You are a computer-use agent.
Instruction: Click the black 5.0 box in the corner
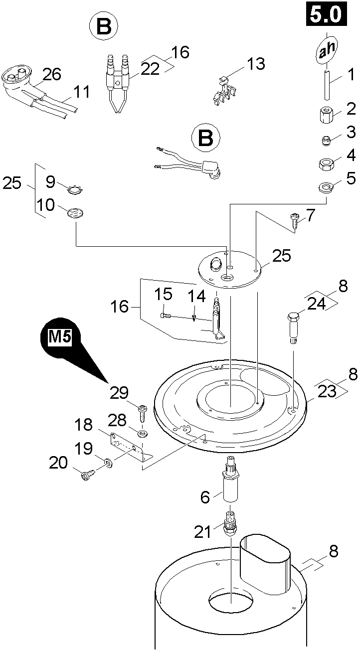tap(326, 14)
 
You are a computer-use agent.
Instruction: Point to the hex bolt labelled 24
tap(293, 326)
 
